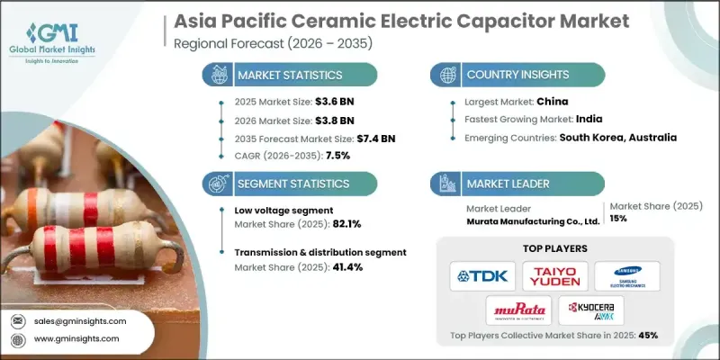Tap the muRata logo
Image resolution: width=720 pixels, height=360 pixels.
(x=518, y=310)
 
